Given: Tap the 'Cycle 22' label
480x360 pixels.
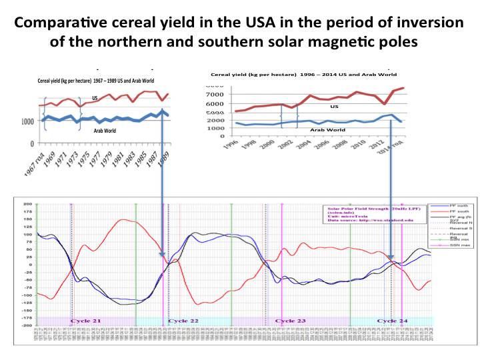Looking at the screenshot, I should (183, 321).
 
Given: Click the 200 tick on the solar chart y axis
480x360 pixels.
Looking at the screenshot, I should (27, 204).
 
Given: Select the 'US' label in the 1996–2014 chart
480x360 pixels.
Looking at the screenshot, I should (335, 106).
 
